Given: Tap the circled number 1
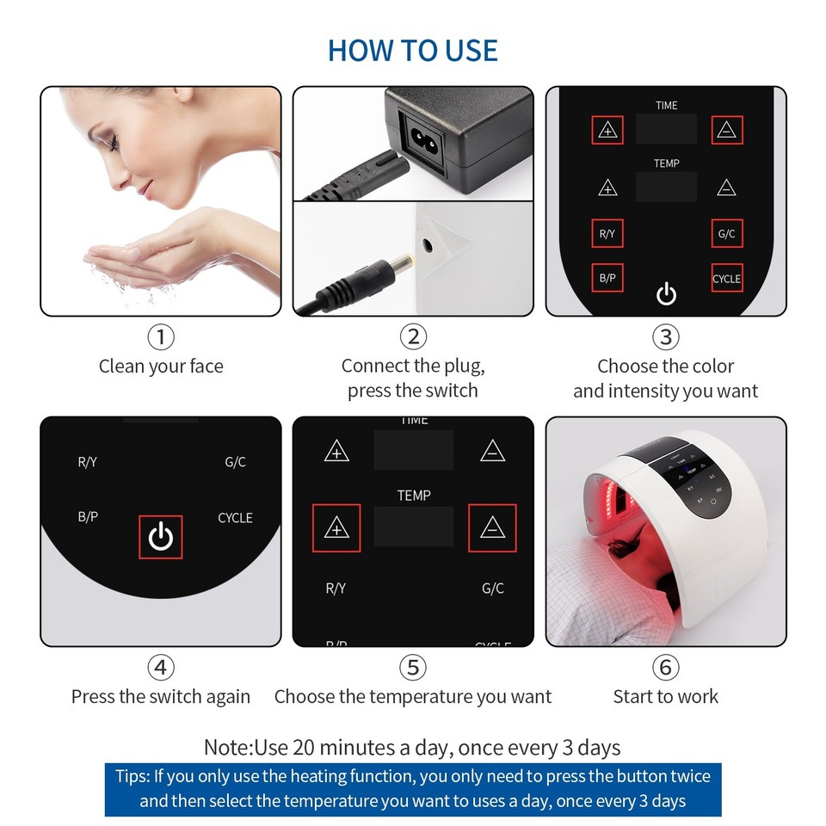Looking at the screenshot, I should click(161, 336).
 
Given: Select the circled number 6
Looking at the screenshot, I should click(665, 667).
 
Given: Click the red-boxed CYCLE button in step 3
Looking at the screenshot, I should click(726, 278).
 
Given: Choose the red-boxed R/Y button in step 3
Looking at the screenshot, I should click(607, 233).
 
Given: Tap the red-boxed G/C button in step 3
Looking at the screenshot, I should click(726, 233).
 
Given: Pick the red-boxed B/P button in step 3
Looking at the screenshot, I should click(607, 278).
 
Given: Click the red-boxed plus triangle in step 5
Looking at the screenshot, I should click(336, 527).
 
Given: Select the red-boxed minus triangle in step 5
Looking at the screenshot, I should click(492, 527).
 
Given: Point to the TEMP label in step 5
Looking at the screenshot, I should click(414, 496).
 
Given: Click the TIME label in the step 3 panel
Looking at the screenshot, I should click(667, 106).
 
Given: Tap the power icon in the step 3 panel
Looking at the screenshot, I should click(666, 294).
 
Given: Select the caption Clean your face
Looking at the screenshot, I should click(161, 367).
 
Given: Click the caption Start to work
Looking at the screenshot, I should click(665, 697).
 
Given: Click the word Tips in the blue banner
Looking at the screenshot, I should click(133, 777).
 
